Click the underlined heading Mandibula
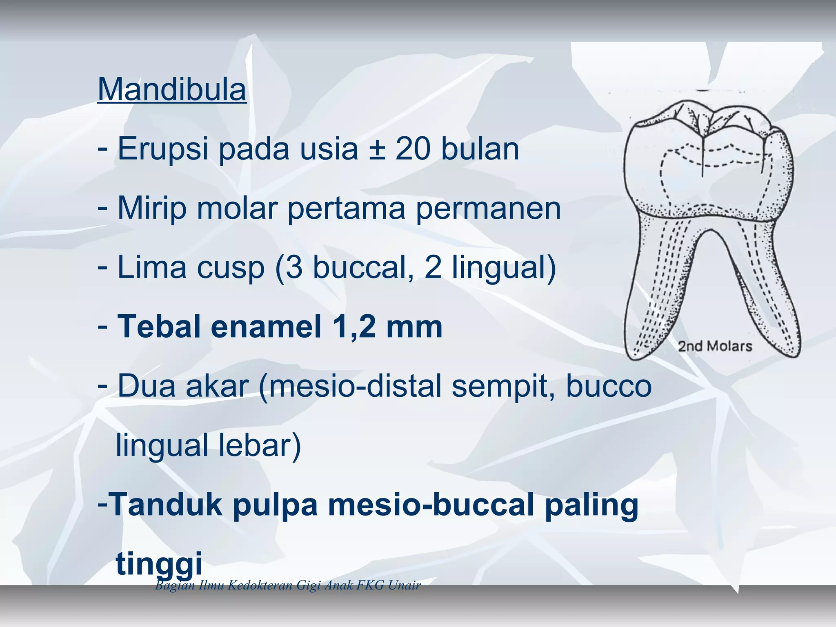[172, 89]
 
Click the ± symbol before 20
[377, 149]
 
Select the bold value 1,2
[354, 327]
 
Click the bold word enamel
[266, 327]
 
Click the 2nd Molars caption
[715, 347]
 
